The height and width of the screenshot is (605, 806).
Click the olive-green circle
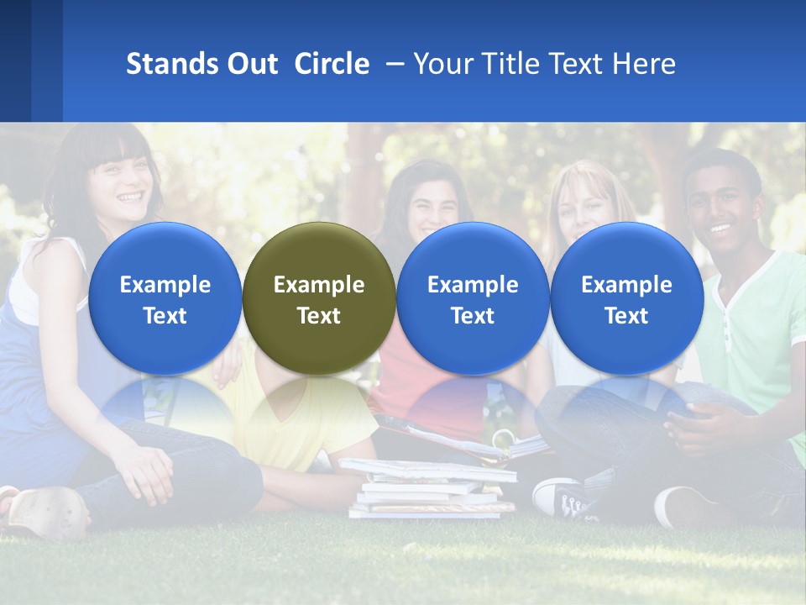318,298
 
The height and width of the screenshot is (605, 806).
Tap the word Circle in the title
332,64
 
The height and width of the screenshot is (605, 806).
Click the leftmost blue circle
165,298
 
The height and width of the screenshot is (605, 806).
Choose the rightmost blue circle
626,298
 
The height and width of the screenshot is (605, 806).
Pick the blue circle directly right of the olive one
473,298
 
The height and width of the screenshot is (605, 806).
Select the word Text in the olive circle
318,316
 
